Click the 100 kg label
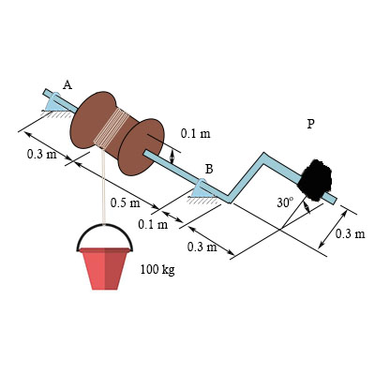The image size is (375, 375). tap(157, 269)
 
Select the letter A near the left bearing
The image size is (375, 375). tap(67, 85)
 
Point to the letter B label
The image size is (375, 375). tap(209, 169)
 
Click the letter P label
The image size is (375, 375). tap(310, 123)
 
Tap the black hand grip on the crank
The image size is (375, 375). tap(315, 179)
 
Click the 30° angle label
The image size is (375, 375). tap(285, 202)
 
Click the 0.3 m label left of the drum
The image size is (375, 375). tap(40, 154)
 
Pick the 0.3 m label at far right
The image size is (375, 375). tap(350, 232)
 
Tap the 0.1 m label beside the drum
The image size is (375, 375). tap(196, 134)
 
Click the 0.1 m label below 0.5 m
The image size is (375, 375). tap(153, 224)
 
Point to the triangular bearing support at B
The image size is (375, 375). tap(202, 189)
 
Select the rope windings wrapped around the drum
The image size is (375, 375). tap(114, 128)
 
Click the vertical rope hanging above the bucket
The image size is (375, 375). tap(101, 187)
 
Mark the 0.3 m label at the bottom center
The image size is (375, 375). tap(202, 247)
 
